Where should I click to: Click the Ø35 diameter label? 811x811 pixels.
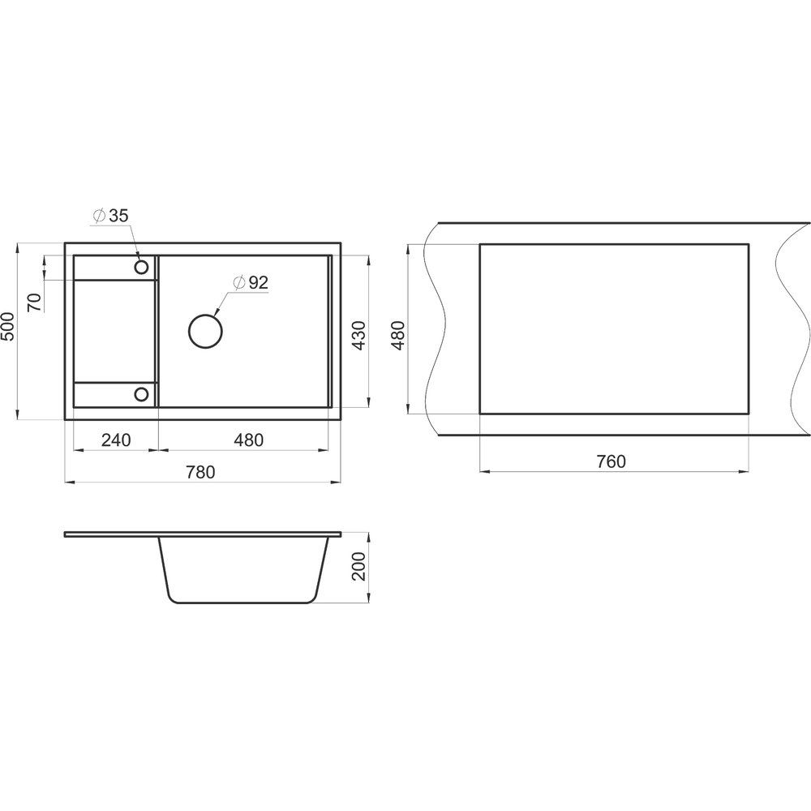[110, 216]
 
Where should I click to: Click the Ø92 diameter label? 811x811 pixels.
[251, 282]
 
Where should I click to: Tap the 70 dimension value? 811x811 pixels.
[35, 302]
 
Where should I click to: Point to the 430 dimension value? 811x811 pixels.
[359, 336]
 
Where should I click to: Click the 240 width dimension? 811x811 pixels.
[116, 440]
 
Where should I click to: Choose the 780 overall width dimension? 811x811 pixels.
[200, 472]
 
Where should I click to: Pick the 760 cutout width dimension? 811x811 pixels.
[611, 461]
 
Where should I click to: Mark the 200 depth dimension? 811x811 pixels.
[359, 567]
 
